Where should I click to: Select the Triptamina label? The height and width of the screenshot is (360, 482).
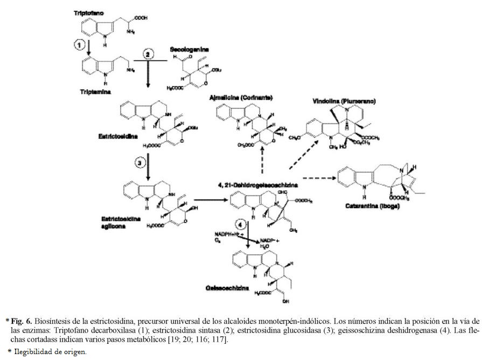pos(90,92)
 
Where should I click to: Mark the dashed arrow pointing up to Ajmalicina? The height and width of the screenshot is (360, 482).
pos(262,160)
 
